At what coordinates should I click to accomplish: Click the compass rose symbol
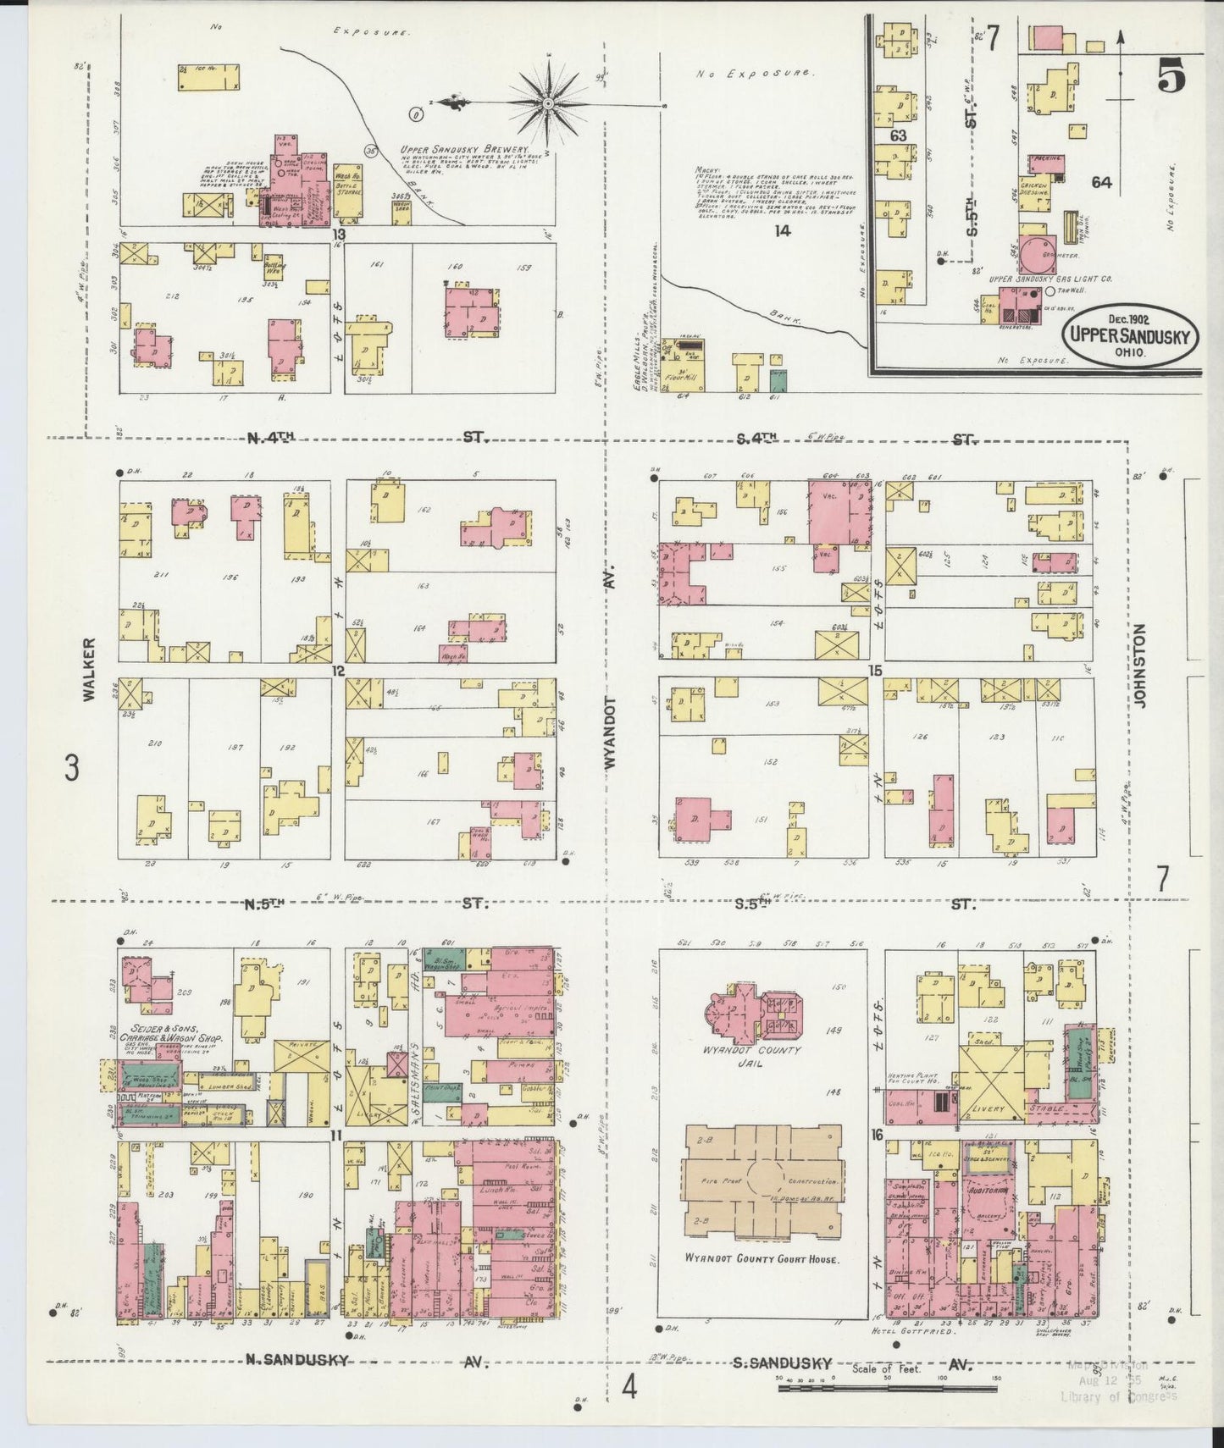pyautogui.click(x=548, y=103)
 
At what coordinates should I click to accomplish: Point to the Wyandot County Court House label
pyautogui.click(x=762, y=1259)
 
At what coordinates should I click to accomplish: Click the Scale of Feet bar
pyautogui.click(x=887, y=1389)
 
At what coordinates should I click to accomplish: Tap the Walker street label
pyautogui.click(x=89, y=669)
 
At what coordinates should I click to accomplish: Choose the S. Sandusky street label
pyautogui.click(x=782, y=1363)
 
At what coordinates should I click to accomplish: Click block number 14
pyautogui.click(x=783, y=229)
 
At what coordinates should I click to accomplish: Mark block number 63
pyautogui.click(x=899, y=135)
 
